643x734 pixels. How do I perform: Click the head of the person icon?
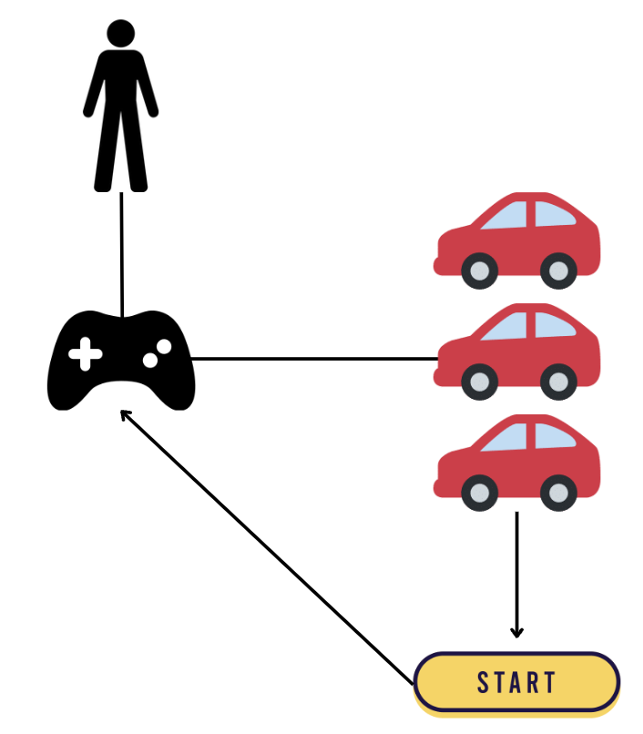tap(120, 33)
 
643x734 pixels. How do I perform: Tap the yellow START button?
tap(516, 682)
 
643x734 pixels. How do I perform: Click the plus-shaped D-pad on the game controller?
tap(85, 354)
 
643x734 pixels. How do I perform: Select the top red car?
tap(517, 239)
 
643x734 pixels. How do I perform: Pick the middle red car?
tap(517, 351)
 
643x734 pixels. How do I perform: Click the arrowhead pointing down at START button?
tap(517, 631)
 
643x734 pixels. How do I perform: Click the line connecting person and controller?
tap(121, 255)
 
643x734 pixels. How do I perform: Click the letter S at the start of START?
tap(485, 683)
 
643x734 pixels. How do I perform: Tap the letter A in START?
tap(516, 683)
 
